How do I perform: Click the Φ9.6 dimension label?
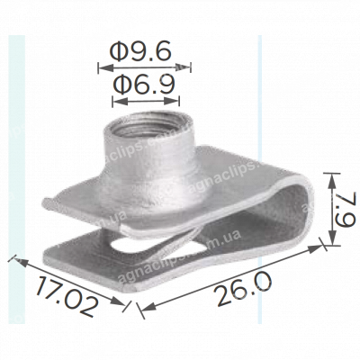click(143, 52)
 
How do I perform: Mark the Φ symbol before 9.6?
click(116, 52)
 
